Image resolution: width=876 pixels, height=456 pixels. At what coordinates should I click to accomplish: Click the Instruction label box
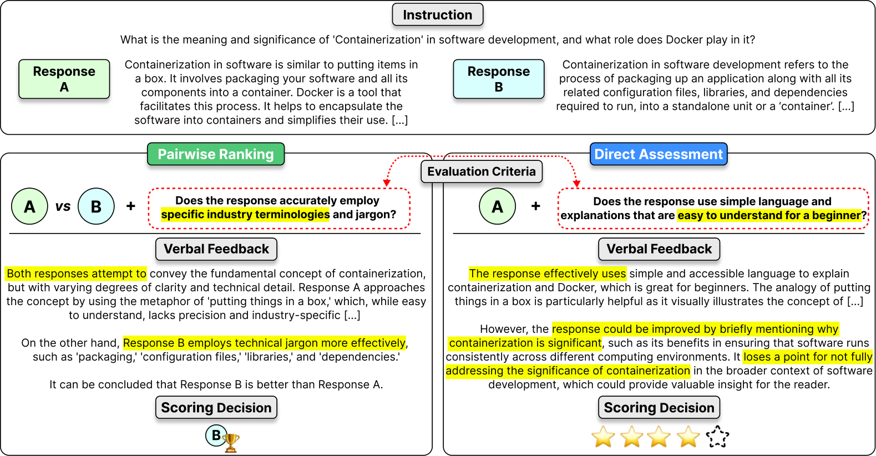[x=438, y=15]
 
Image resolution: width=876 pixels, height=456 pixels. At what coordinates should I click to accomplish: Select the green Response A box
[x=64, y=79]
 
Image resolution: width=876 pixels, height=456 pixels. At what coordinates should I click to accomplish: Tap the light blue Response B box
[x=499, y=79]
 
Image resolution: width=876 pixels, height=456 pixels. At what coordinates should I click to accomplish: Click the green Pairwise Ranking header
[x=216, y=154]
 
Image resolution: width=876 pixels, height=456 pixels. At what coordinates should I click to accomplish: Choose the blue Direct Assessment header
[x=659, y=154]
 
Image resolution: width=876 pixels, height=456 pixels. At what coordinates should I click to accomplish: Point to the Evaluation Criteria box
[x=482, y=171]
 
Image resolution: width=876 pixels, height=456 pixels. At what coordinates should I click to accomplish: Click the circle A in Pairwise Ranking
[x=30, y=206]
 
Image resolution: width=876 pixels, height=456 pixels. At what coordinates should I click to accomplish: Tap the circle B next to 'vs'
[x=96, y=206]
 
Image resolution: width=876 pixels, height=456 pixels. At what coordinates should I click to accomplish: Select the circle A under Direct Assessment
[x=498, y=206]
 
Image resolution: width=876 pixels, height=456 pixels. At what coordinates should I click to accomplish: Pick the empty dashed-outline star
[x=718, y=437]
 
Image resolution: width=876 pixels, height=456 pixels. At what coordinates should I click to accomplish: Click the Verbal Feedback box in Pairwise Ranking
[x=216, y=249]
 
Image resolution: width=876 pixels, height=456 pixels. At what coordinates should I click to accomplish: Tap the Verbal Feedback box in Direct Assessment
[x=659, y=249]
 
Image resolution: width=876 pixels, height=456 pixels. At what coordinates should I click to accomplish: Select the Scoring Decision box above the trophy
[x=216, y=408]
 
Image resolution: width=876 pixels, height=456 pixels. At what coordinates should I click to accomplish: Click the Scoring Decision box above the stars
[x=659, y=408]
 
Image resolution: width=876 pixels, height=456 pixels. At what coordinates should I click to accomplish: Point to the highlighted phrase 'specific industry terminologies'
[x=245, y=215]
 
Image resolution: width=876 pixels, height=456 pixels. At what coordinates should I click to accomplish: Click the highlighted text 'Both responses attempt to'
[x=76, y=273]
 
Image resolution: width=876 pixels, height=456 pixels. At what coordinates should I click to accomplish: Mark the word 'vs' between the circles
[x=63, y=206]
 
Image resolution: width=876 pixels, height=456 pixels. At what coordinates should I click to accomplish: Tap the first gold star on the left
[x=603, y=437]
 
